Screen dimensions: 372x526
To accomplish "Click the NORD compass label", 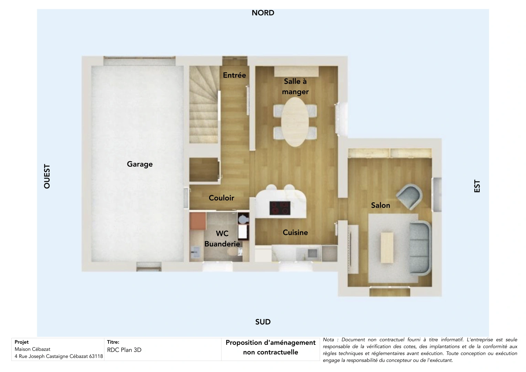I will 263,13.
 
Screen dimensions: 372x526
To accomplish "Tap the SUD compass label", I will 263,322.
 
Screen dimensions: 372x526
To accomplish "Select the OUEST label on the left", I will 47,176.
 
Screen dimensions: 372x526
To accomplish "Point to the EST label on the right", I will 477,186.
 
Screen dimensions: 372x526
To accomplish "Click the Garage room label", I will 140,164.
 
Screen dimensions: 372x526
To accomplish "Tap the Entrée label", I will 234,75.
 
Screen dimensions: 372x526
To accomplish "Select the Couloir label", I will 221,198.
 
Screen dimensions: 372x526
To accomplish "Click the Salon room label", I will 380,205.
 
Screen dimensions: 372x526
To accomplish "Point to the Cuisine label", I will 295,232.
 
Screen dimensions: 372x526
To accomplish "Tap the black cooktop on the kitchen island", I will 280,208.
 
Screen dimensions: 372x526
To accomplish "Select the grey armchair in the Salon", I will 409,197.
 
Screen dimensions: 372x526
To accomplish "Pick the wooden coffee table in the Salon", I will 386,247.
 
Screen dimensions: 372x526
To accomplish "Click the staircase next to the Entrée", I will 203,105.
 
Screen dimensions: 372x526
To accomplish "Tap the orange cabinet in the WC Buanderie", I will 197,221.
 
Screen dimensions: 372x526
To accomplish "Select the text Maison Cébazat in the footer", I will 32,349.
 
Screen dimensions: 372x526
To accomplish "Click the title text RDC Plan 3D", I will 124,350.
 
